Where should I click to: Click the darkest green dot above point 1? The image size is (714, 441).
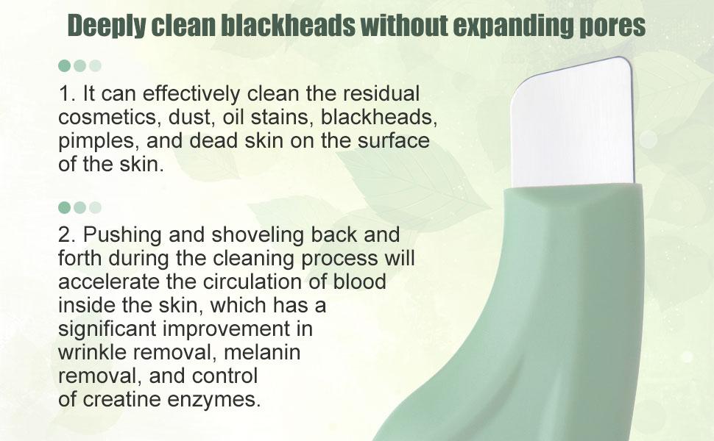(64, 65)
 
